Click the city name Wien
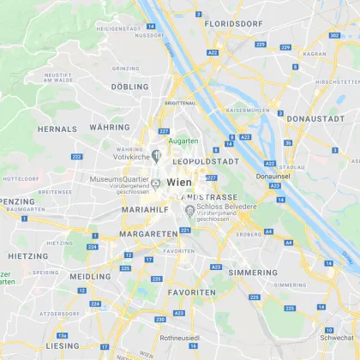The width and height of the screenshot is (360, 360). tap(181, 183)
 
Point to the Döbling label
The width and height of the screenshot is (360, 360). tap(129, 87)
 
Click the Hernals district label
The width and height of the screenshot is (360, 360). tap(57, 128)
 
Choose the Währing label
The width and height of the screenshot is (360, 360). tap(109, 127)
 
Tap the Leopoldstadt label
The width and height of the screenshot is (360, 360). tap(206, 160)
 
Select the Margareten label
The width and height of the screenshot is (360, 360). tap(147, 233)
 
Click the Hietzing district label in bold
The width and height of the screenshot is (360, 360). tap(28, 255)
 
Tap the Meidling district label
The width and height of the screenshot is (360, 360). tap(91, 277)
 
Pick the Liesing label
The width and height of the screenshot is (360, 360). tap(63, 345)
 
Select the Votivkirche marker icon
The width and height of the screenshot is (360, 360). tap(156, 155)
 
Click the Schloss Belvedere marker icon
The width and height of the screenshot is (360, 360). tap(189, 211)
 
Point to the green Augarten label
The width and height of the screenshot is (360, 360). tap(183, 141)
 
